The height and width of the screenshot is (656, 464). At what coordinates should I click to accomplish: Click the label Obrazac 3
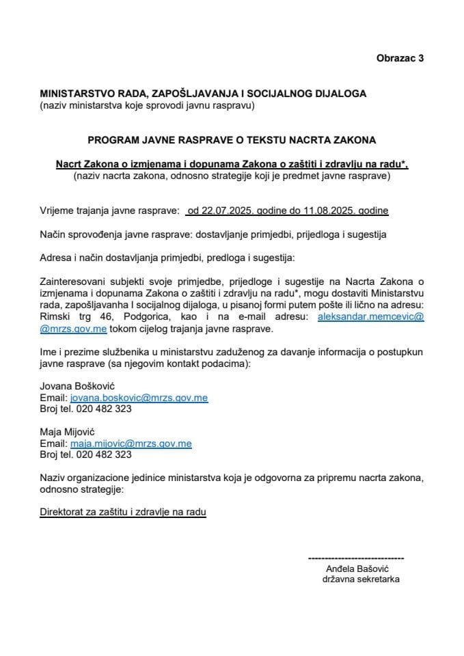tap(400, 58)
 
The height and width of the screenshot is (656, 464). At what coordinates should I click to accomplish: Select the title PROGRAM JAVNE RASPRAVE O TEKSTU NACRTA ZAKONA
tap(232, 141)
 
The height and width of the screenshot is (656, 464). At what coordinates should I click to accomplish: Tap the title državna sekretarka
tap(361, 579)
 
